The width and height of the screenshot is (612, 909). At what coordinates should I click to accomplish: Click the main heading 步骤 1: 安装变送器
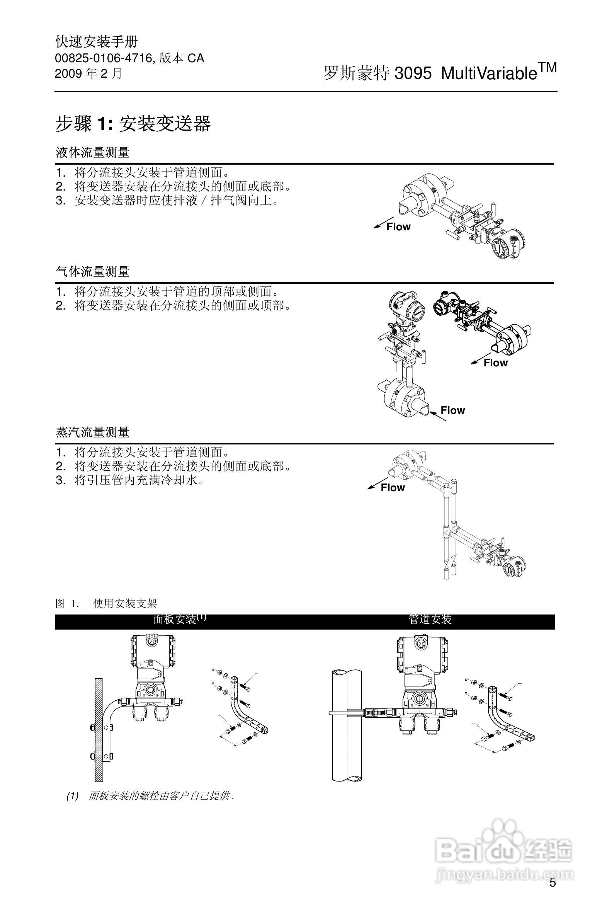tap(133, 124)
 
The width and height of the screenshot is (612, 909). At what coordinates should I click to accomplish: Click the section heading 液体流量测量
tap(92, 153)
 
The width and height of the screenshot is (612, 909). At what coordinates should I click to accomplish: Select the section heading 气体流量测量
tap(92, 271)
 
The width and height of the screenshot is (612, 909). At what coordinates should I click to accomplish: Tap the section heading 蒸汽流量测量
tap(92, 432)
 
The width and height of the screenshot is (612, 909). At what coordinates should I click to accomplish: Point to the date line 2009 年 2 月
tap(88, 73)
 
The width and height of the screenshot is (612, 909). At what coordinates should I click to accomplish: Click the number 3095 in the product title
tap(413, 73)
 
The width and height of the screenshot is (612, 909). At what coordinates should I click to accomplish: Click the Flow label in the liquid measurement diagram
tap(398, 227)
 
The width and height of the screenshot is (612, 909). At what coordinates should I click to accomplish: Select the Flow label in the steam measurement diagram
tap(393, 488)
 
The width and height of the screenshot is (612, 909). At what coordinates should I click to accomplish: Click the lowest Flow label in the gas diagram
tap(452, 410)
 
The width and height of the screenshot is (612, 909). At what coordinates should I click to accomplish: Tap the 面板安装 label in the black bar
tap(175, 620)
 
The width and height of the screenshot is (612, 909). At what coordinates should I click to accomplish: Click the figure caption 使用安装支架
tap(125, 604)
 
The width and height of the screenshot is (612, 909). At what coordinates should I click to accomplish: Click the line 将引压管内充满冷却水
tap(139, 480)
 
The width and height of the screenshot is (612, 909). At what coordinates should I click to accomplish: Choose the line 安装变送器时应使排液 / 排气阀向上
tap(177, 201)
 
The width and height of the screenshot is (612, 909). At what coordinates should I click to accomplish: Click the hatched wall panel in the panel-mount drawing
tap(99, 734)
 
